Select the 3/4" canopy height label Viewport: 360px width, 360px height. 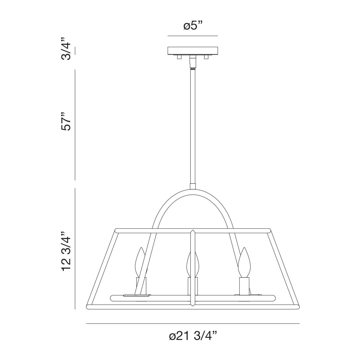click(66, 49)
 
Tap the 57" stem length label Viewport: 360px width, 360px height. click(66, 121)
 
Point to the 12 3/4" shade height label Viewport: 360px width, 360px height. click(66, 251)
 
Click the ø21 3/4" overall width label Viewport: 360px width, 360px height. click(193, 336)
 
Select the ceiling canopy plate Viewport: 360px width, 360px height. click(193, 51)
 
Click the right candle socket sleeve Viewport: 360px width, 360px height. click(244, 286)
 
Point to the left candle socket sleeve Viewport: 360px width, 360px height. click(141, 286)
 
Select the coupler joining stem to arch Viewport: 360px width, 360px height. click(193, 186)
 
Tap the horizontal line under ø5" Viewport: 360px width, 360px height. click(193, 36)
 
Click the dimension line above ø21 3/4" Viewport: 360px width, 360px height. click(193, 324)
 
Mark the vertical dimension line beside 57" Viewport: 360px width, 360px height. click(75, 124)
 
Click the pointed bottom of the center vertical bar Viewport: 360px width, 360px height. click(193, 306)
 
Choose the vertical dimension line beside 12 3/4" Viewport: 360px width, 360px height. click(75, 249)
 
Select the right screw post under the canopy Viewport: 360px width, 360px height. click(206, 57)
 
